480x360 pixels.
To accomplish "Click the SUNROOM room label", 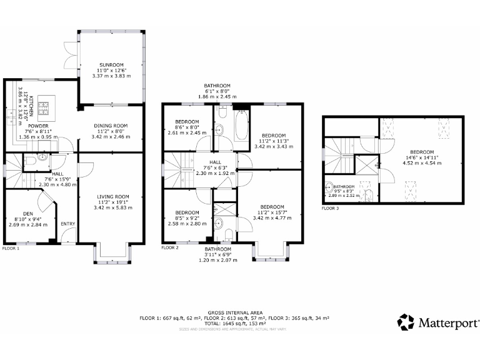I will [111, 65].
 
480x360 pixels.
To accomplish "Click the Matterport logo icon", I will [406, 322].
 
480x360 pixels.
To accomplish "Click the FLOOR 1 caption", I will [11, 248].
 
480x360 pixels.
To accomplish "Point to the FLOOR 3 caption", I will [330, 207].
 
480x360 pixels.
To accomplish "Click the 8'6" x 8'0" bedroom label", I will [187, 121].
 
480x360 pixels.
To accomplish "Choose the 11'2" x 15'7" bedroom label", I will [272, 207].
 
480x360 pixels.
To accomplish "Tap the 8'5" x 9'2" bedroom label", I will [187, 212].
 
